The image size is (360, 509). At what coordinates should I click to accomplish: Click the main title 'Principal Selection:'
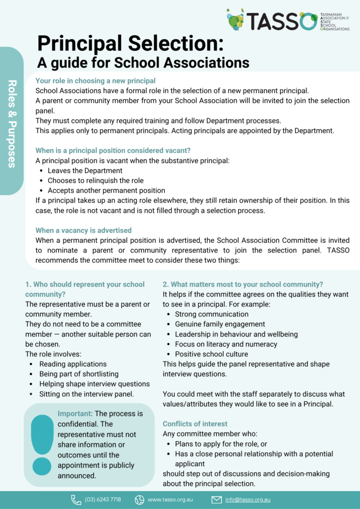[x=130, y=44]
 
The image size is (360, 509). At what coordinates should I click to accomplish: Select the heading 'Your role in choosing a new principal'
[x=95, y=81]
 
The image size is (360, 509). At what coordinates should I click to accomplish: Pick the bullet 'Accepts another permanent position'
[x=106, y=190]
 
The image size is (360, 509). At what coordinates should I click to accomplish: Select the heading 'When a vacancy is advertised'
[x=84, y=230]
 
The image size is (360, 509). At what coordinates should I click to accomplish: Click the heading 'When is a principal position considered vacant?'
[x=113, y=151]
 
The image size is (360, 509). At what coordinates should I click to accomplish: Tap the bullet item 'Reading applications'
[x=73, y=364]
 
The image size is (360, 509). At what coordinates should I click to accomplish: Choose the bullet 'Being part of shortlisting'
[x=79, y=374]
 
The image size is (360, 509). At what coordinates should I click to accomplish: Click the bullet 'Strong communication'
[x=211, y=314]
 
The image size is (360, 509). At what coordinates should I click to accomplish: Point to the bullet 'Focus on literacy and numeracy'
[x=226, y=344]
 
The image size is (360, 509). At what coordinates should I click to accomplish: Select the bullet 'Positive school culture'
[x=211, y=354]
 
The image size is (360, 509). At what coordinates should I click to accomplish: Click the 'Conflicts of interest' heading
[x=195, y=424]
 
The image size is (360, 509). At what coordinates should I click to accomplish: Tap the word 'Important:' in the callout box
[x=75, y=414]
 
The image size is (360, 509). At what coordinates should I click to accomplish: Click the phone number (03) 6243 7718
[x=102, y=500]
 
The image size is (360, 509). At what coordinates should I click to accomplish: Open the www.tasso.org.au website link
[x=170, y=500]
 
